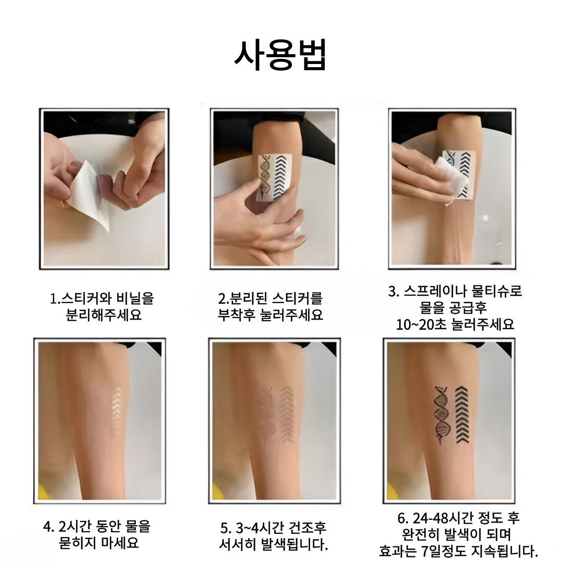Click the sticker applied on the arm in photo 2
click(x=275, y=177)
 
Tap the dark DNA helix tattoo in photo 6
click(x=442, y=415)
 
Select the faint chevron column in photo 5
click(x=287, y=414)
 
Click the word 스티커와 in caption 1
click(x=83, y=298)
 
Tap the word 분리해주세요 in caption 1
click(x=104, y=315)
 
